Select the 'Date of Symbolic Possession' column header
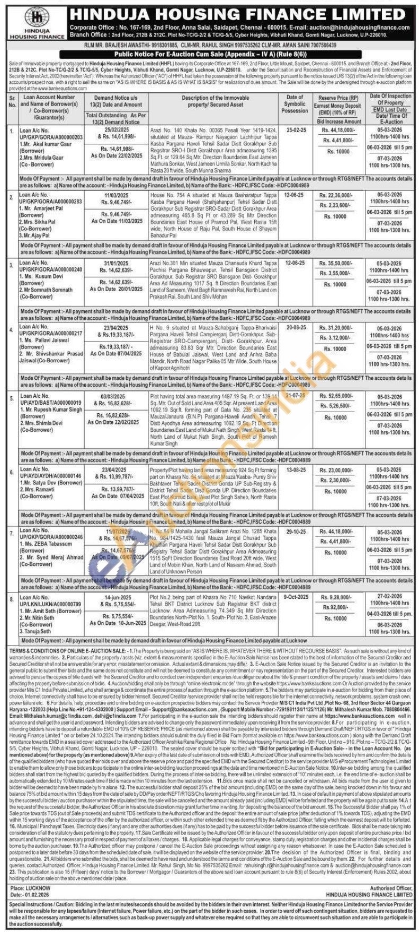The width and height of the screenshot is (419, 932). point(295,104)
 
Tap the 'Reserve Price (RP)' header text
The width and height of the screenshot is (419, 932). point(338,99)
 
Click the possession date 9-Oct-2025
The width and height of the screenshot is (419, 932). point(296,598)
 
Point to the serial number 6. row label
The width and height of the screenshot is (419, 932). point(12,471)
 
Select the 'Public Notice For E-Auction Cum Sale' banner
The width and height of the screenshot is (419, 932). point(209,54)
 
